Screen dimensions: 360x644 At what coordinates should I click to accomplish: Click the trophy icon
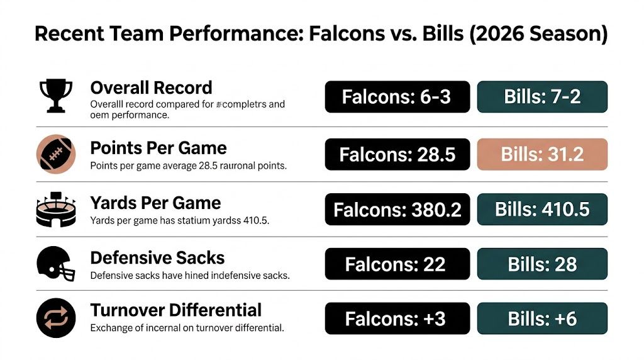coord(55,96)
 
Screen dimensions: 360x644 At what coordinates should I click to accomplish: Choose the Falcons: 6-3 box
coord(397,97)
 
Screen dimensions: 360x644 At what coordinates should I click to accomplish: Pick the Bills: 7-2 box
coord(543,97)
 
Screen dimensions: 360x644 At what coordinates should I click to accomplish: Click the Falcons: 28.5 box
coord(397,154)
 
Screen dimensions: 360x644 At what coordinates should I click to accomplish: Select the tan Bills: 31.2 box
coord(543,154)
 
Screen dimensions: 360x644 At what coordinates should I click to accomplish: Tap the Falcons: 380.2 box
coord(397,209)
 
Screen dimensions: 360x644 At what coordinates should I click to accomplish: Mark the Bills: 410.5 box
coord(543,209)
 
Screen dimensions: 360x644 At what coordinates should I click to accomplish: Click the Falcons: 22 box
coord(397,264)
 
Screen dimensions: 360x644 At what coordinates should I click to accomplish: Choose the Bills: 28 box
coord(543,264)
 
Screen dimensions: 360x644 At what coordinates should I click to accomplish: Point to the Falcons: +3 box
coord(397,318)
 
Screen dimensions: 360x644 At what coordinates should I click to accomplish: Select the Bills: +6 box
coord(543,318)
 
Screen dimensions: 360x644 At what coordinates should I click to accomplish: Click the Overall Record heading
coord(151,87)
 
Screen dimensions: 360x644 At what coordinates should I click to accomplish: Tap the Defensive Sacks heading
coord(157,258)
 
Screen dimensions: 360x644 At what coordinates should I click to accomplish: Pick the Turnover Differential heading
coord(175,310)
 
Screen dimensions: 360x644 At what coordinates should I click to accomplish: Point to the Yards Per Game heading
coord(155,203)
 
